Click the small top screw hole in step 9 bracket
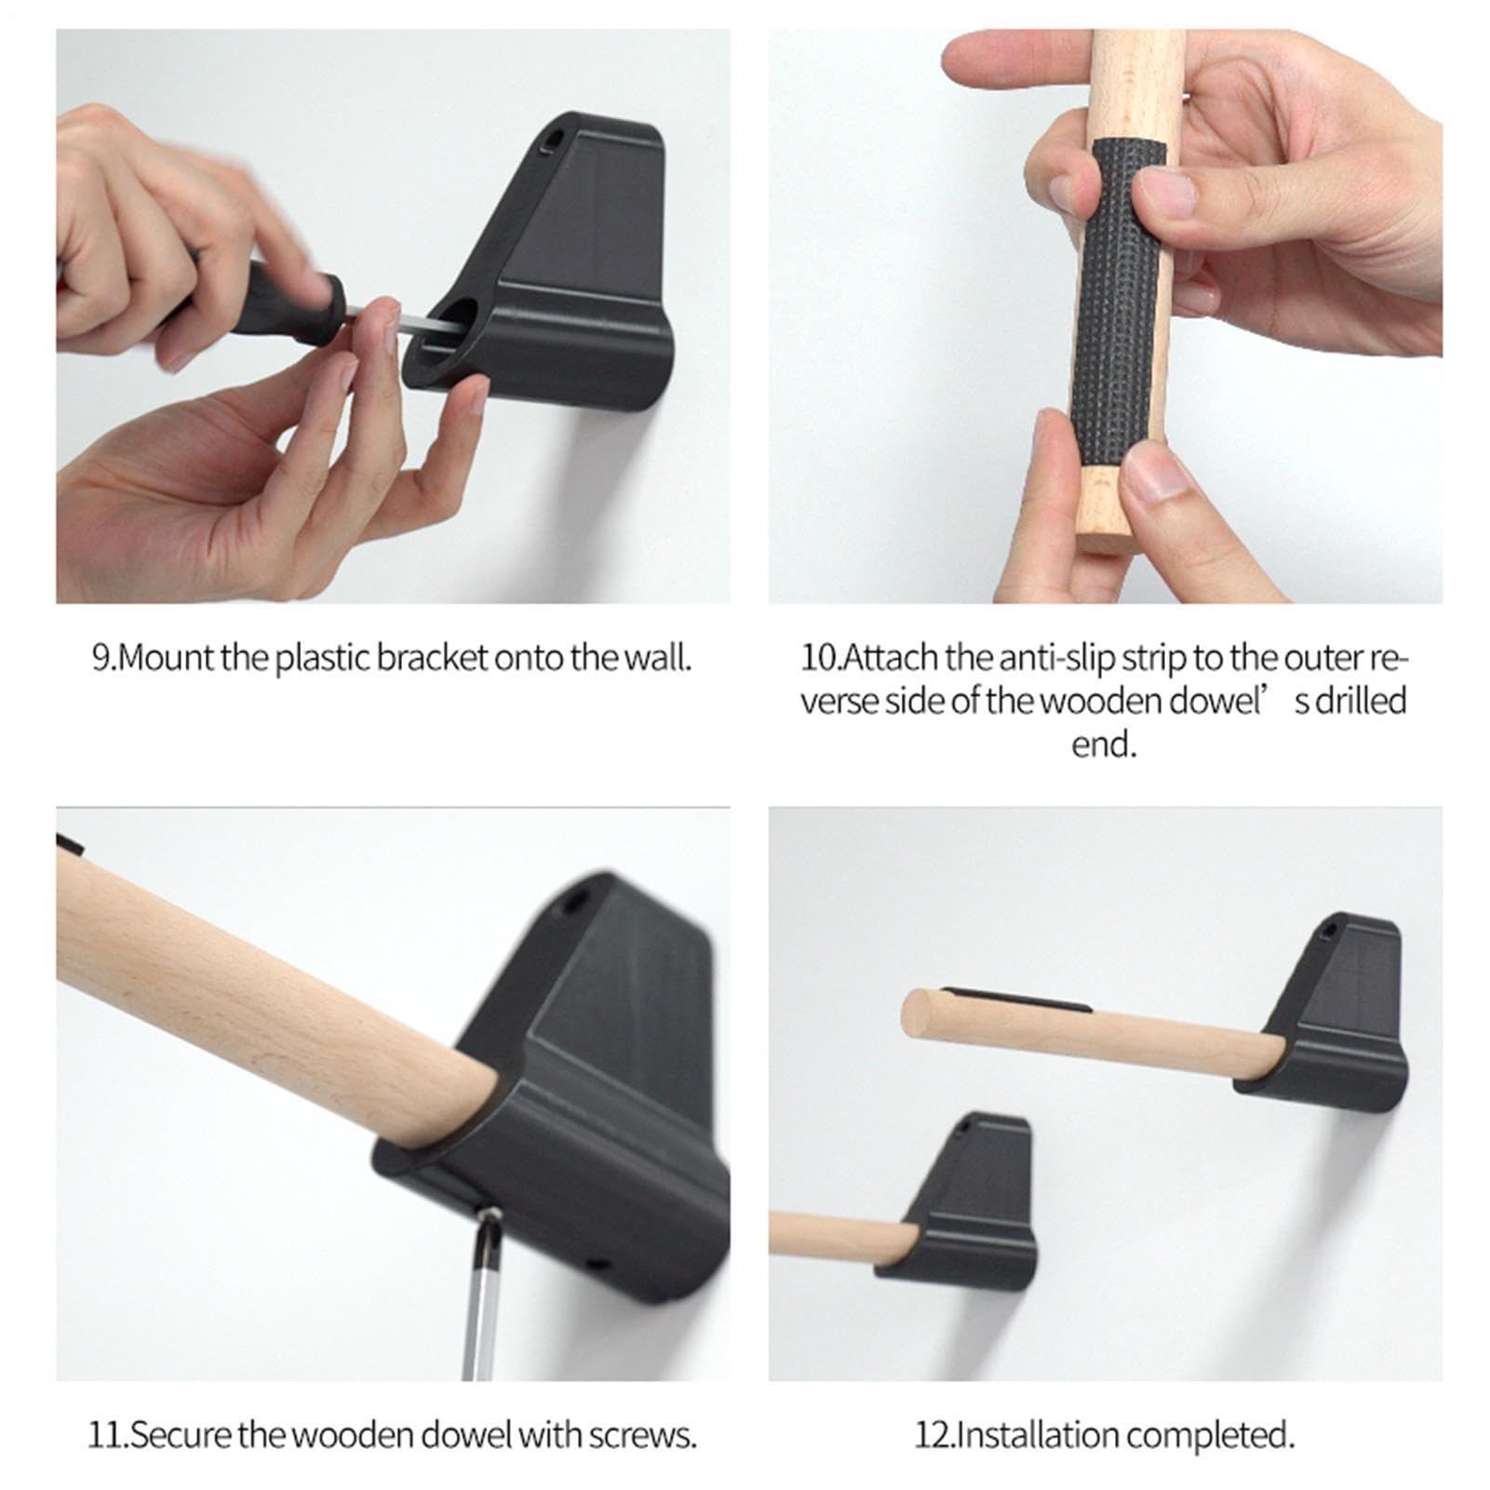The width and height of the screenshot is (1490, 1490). pyautogui.click(x=553, y=141)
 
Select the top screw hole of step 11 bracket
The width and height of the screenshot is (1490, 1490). pyautogui.click(x=574, y=900)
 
